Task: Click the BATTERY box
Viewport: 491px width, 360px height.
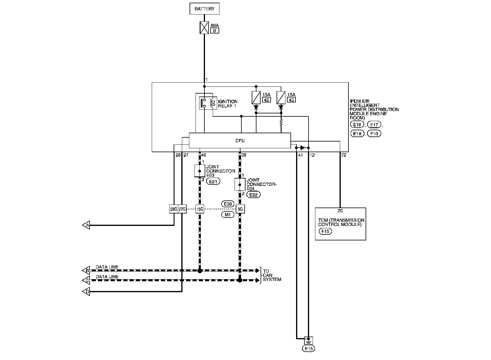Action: pyautogui.click(x=204, y=9)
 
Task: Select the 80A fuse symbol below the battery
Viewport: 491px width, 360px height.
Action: pyautogui.click(x=204, y=28)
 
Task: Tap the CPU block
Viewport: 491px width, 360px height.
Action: pyautogui.click(x=240, y=140)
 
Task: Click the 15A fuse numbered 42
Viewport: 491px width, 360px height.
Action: pyautogui.click(x=256, y=98)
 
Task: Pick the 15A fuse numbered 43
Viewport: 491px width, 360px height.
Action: pyautogui.click(x=281, y=98)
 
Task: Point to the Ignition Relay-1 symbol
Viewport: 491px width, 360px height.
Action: pyautogui.click(x=208, y=103)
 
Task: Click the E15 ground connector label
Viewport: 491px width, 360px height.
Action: pyautogui.click(x=309, y=348)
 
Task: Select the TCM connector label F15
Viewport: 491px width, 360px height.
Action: pyautogui.click(x=325, y=231)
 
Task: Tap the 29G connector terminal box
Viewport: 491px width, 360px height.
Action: pyautogui.click(x=174, y=209)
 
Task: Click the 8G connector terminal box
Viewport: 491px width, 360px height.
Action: pyautogui.click(x=240, y=209)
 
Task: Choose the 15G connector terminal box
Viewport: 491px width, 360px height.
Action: pyautogui.click(x=200, y=209)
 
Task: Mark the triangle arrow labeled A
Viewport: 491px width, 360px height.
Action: pyautogui.click(x=86, y=225)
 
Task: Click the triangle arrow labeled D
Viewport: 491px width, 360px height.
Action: pyautogui.click(x=86, y=291)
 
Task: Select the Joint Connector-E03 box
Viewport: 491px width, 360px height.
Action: pyautogui.click(x=200, y=171)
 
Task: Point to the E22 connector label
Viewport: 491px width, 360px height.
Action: pyautogui.click(x=253, y=195)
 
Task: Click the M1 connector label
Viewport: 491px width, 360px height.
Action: pyautogui.click(x=228, y=215)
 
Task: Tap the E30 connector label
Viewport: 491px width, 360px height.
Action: pyautogui.click(x=228, y=204)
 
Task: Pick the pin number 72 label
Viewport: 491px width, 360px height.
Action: pyautogui.click(x=343, y=155)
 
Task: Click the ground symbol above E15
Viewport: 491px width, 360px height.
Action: pyautogui.click(x=309, y=341)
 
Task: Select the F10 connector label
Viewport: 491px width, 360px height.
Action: pyautogui.click(x=374, y=134)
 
